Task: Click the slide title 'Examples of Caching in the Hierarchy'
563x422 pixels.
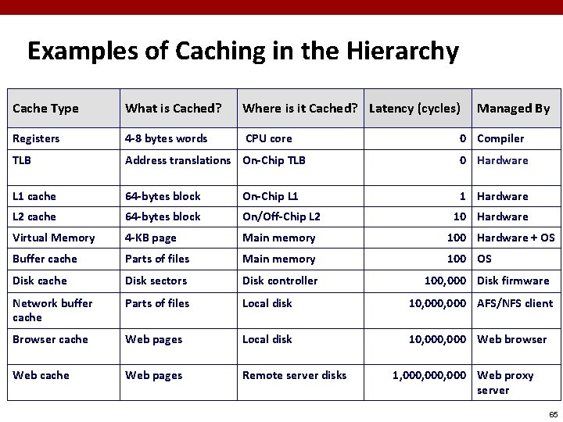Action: click(x=242, y=52)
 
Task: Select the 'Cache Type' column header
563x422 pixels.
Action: click(x=45, y=109)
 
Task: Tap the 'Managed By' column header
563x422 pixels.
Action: click(x=513, y=109)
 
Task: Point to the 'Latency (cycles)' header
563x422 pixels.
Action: click(x=414, y=109)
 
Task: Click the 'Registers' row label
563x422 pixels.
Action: click(x=36, y=138)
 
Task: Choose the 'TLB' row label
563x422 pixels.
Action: click(x=21, y=160)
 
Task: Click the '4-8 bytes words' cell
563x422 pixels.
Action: click(x=167, y=138)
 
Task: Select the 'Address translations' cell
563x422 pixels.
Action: click(x=178, y=160)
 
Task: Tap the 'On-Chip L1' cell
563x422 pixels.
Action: click(x=271, y=196)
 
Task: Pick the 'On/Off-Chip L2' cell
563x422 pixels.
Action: click(x=281, y=216)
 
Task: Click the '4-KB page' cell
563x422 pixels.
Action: click(x=151, y=238)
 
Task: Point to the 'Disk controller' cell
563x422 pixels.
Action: click(x=280, y=281)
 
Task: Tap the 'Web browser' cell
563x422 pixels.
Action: click(x=512, y=339)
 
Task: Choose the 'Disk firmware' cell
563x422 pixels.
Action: click(x=513, y=281)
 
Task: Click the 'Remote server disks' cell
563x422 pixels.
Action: click(x=294, y=375)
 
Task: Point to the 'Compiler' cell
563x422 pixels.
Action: click(x=500, y=138)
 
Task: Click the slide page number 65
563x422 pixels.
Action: click(x=553, y=413)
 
